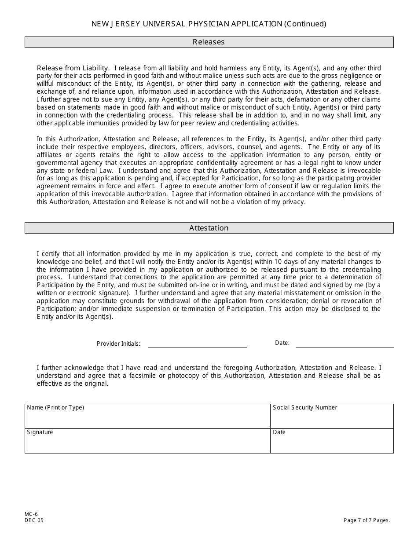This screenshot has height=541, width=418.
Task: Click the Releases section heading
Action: [209, 42]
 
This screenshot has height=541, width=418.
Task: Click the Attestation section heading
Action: [209, 228]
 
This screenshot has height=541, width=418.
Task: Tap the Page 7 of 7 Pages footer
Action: [367, 520]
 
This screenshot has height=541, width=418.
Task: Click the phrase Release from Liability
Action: [73, 68]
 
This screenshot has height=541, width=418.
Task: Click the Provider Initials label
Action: [118, 344]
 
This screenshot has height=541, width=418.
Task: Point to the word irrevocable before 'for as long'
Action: [365, 171]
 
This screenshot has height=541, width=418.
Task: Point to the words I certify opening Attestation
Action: [48, 254]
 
